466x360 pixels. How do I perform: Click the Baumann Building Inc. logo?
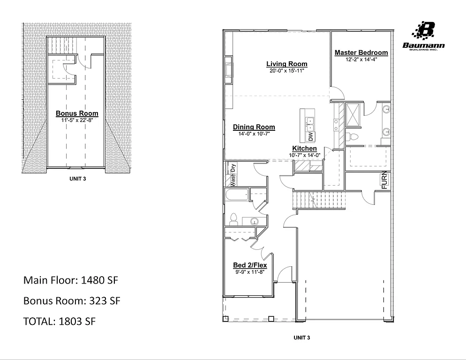pos(424,37)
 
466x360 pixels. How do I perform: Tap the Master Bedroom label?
pos(361,52)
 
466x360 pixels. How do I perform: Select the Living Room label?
pos(287,64)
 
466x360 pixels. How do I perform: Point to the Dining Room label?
pos(254,127)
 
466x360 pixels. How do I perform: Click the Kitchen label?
pos(304,149)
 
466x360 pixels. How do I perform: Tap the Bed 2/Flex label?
pos(250,265)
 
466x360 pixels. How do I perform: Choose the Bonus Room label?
pos(77,113)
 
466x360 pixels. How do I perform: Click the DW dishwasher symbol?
pos(310,136)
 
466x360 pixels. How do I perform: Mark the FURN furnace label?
pos(384,180)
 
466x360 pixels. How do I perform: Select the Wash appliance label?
pos(232,180)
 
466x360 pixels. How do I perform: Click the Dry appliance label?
pos(232,167)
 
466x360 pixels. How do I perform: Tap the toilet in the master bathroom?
pos(354,136)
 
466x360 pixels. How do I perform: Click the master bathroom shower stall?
pos(353,114)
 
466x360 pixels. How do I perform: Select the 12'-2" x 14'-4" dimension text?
pos(361,60)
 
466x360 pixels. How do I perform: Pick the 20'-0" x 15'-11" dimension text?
pos(287,71)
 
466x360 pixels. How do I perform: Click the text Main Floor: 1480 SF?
pos(70,281)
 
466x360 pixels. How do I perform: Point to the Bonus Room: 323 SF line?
pos(72,301)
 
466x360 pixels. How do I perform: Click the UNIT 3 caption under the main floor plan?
pos(301,337)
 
